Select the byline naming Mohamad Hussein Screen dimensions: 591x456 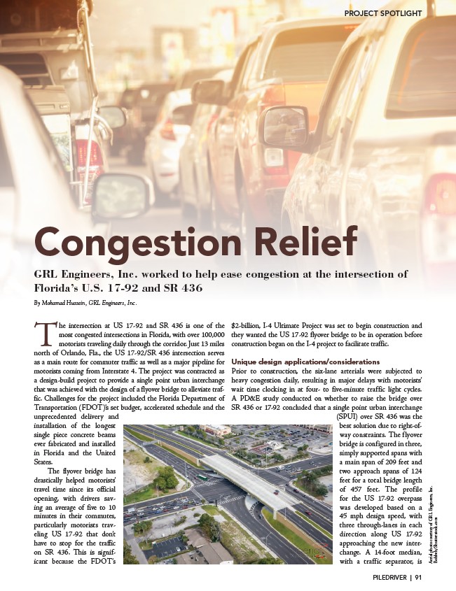pyautogui.click(x=85, y=304)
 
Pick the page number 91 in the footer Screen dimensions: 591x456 pyautogui.click(x=417, y=578)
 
